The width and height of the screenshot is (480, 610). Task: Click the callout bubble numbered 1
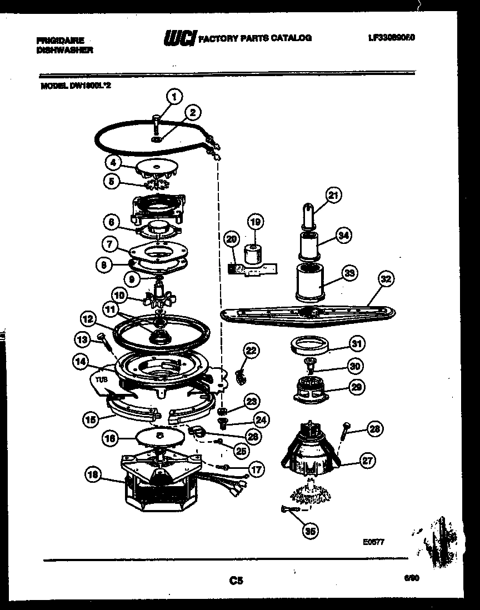point(175,97)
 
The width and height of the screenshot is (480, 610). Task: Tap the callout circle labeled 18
point(93,474)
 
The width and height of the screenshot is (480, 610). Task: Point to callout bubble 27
point(367,460)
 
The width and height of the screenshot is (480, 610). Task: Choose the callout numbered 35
point(310,531)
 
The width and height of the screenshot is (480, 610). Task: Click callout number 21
point(333,195)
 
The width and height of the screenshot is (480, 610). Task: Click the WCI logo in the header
point(178,38)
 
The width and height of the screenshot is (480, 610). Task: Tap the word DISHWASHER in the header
point(64,49)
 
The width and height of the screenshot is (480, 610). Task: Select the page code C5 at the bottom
point(236,581)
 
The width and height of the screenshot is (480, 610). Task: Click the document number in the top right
point(391,38)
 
